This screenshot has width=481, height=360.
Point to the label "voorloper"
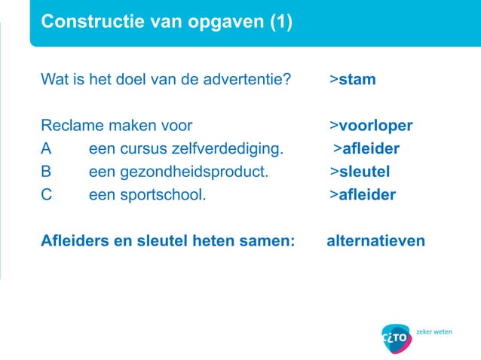pos(375,126)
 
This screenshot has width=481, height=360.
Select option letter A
pos(47,148)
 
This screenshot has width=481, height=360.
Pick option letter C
pos(47,195)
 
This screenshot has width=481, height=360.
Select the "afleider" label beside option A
pos(370,148)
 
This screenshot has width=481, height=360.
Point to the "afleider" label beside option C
pos(367,195)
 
